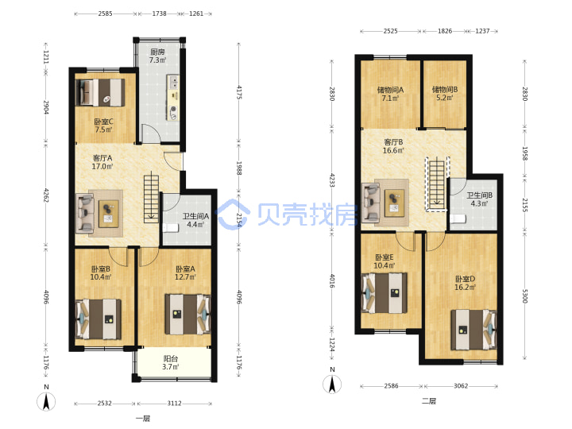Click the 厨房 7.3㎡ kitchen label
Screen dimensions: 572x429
click(158, 56)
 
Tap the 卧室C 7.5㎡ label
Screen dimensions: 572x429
click(103, 126)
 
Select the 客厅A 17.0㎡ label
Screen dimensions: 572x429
click(102, 162)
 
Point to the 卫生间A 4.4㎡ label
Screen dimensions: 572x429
click(195, 220)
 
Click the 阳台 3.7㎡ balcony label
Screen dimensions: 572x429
click(171, 362)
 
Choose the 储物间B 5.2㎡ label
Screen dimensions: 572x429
click(445, 94)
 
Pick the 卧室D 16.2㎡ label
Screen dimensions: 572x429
click(465, 283)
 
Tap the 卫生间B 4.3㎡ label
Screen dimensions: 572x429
click(479, 199)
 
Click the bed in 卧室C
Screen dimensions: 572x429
click(100, 93)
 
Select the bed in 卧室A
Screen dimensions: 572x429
click(187, 315)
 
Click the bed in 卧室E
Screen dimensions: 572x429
click(385, 293)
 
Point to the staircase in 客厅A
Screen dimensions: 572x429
click(151, 199)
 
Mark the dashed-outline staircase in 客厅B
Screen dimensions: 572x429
click(437, 184)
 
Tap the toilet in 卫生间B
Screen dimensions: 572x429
click(458, 218)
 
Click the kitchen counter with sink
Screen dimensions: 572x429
click(173, 98)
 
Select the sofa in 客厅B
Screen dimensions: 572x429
click(371, 203)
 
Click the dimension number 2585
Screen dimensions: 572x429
click(105, 14)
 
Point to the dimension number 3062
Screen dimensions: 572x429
click(460, 385)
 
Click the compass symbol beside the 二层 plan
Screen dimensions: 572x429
click(332, 384)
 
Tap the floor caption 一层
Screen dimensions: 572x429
click(143, 419)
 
